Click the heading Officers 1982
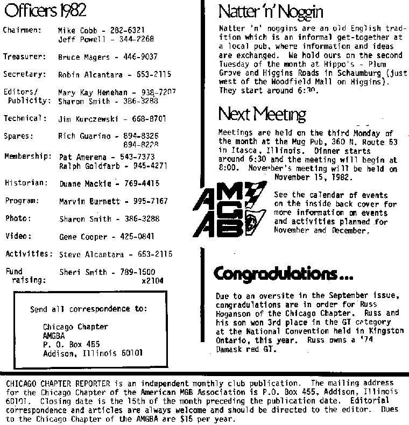click(44, 10)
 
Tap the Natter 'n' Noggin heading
click(271, 11)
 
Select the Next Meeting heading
click(262, 114)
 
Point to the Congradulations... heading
click(283, 274)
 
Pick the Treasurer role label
click(22, 56)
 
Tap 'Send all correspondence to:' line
click(89, 309)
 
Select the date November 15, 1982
click(313, 176)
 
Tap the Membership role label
click(28, 157)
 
